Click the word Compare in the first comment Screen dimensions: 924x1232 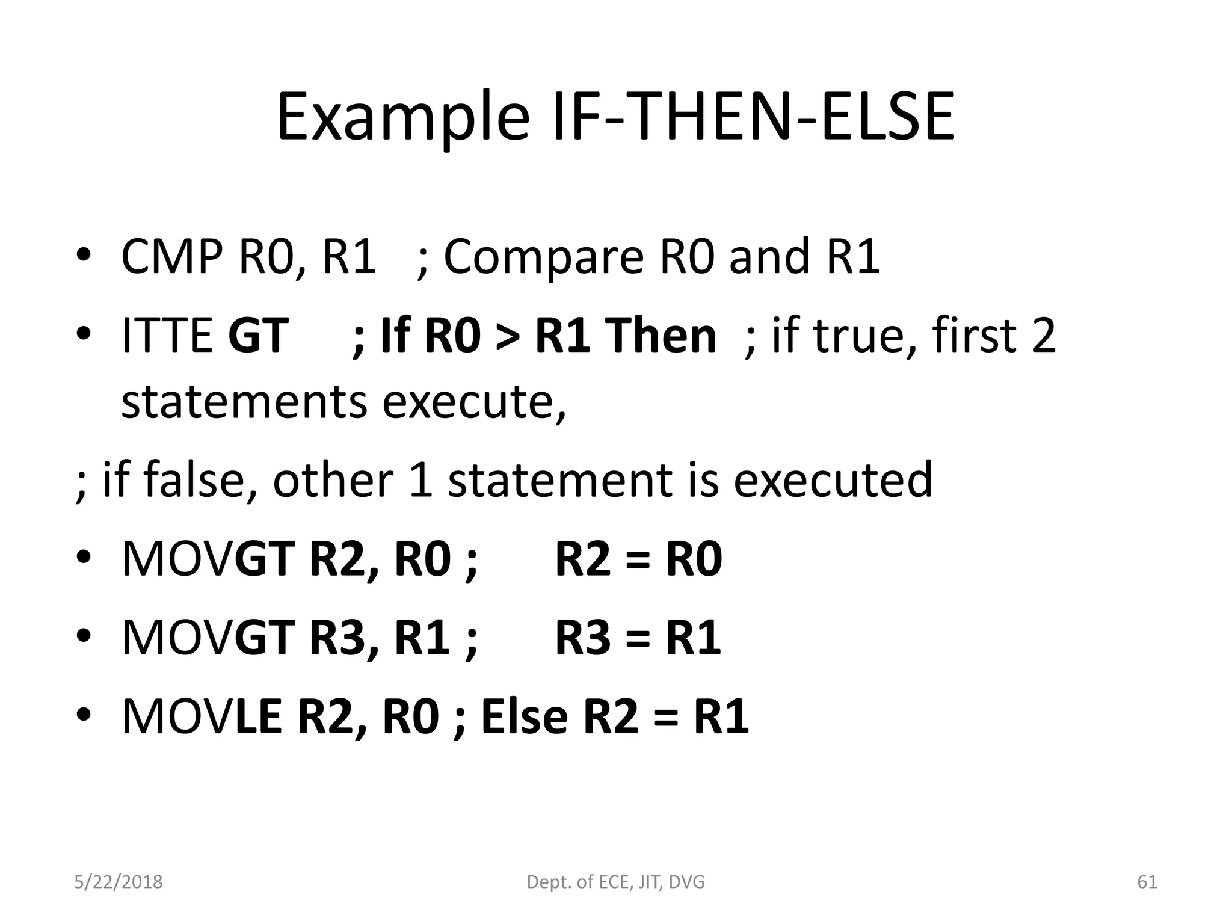pos(544,257)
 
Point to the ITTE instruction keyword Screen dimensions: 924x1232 pos(167,335)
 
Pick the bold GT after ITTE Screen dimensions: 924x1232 pos(258,335)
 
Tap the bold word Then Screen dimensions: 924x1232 pos(661,335)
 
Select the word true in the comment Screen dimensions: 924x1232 pos(864,335)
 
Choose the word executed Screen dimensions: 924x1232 pos(833,479)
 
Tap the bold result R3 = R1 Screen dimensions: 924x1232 pos(638,638)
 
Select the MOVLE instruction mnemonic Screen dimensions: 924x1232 pos(202,716)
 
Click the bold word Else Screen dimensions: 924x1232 pos(525,716)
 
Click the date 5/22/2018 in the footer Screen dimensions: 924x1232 pos(118,882)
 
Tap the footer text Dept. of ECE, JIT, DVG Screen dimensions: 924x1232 pos(615,882)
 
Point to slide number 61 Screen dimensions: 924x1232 pos(1147,882)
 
